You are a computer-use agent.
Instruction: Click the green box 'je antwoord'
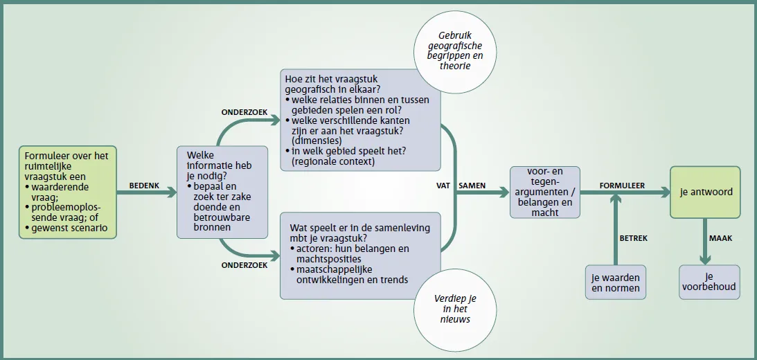pos(705,192)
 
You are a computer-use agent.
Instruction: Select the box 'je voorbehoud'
pos(709,282)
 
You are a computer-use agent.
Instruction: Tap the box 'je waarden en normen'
pos(616,282)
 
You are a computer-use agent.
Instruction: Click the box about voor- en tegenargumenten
pos(545,192)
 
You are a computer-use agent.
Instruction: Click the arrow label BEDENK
pos(144,186)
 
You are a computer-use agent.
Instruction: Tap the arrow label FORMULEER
pos(622,186)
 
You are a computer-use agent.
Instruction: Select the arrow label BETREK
pos(634,238)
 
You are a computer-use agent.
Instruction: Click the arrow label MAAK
pos(720,238)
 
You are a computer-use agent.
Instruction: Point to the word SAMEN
pos(472,186)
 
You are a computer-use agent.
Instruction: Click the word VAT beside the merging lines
pos(443,186)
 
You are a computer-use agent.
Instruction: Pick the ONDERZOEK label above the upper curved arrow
pos(244,112)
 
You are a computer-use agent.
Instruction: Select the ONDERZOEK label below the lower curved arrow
pos(244,265)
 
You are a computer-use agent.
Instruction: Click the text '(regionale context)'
pos(333,161)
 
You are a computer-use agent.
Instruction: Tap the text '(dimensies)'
pos(317,141)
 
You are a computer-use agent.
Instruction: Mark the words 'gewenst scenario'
pos(69,228)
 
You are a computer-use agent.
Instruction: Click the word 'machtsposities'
pos(326,259)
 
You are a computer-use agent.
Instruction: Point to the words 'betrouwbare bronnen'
pos(222,222)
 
